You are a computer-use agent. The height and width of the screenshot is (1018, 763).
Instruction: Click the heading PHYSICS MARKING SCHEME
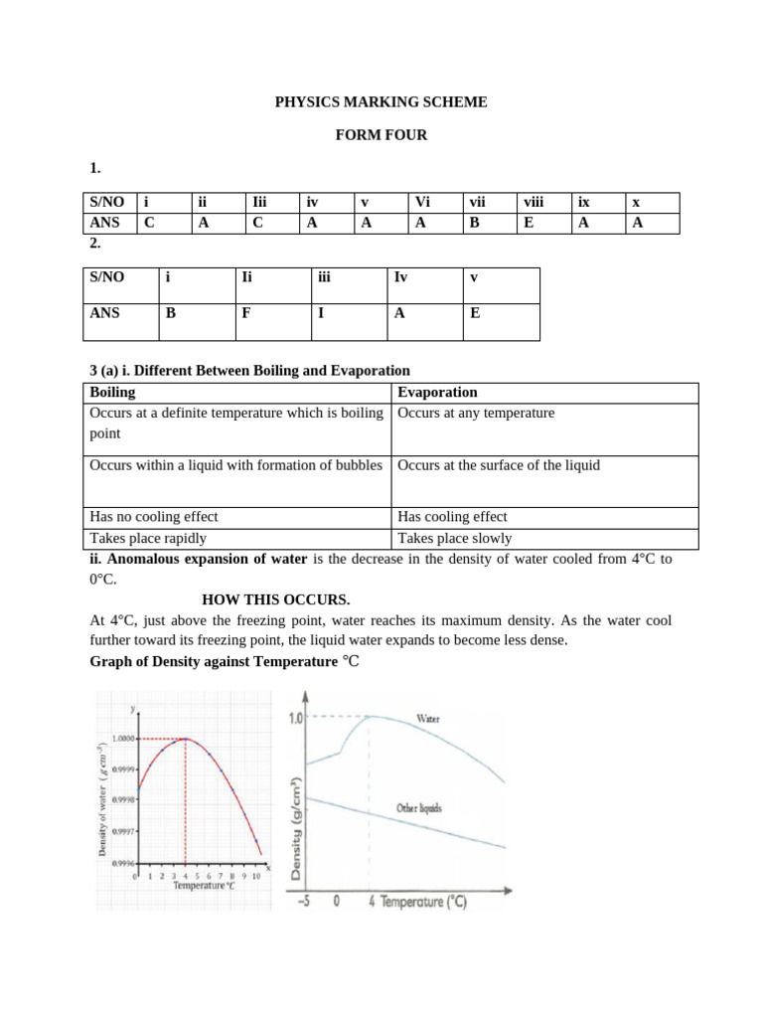pos(381,102)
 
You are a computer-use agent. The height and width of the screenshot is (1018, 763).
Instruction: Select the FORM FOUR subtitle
pos(381,135)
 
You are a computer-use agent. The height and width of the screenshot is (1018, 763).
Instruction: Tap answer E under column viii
pos(530,224)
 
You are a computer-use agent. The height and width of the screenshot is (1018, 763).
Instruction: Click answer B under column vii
pos(475,224)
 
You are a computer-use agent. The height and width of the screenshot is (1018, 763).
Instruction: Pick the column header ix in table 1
pos(584,203)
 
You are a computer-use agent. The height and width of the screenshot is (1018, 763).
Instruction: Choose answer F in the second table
pos(246,312)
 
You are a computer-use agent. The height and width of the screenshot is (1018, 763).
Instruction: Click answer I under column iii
pos(321,312)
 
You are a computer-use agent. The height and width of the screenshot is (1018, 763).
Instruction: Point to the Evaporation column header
pos(438,393)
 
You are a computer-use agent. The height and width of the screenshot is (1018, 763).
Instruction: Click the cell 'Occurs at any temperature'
pos(476,414)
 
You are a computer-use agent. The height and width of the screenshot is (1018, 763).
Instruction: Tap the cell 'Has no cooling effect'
pos(154,517)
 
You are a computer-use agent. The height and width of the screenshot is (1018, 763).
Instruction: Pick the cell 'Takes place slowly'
pos(455,539)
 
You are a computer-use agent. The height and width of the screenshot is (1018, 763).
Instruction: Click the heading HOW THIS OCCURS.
pos(276,599)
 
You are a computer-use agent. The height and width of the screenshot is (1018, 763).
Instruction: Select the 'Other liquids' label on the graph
pos(419,808)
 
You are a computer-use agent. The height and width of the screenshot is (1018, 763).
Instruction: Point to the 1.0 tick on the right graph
pos(295,718)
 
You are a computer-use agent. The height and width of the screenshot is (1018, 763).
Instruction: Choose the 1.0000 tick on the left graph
pos(124,738)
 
